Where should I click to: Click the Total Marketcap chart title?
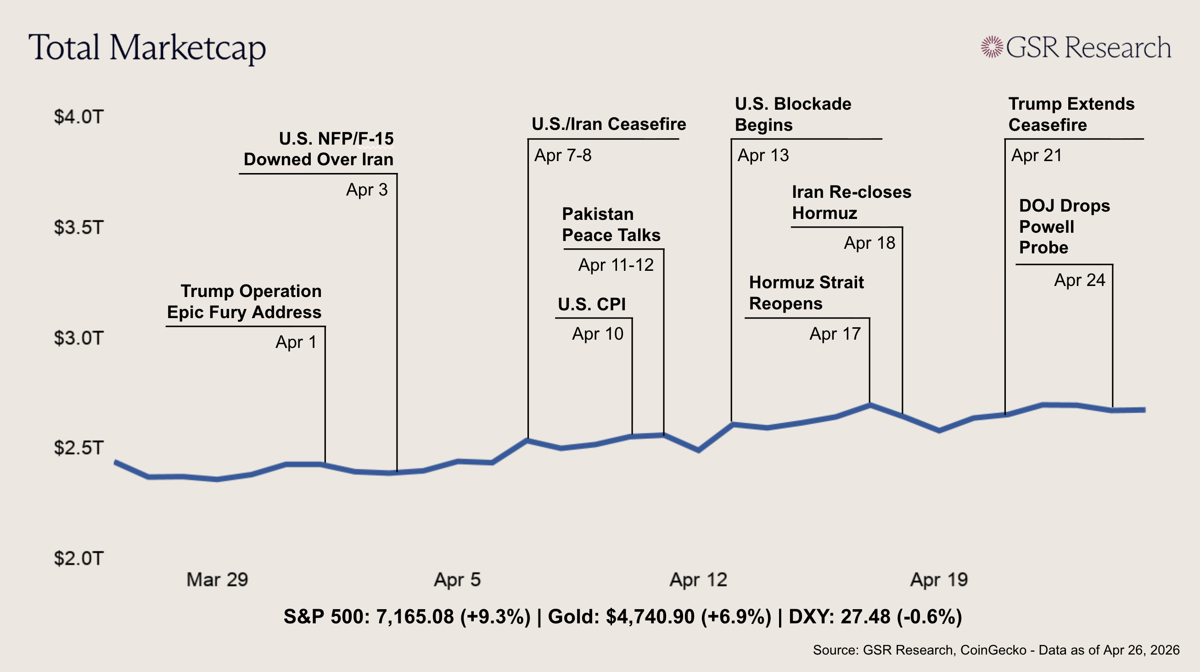point(147,48)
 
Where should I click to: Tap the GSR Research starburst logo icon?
point(992,47)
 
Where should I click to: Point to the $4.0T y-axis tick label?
point(78,117)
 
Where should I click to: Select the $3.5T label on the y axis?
point(78,228)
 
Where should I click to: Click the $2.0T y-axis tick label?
point(78,558)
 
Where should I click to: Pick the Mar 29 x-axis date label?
point(217,580)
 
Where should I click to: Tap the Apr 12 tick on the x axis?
point(698,580)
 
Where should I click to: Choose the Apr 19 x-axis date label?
point(939,580)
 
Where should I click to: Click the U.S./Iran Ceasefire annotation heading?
point(608,124)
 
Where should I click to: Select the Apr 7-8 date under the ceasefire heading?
point(563,156)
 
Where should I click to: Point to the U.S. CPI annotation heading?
point(592,305)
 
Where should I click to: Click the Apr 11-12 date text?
point(616,265)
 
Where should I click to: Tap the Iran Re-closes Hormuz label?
point(851,202)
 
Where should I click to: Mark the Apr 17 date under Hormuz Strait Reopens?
point(835,334)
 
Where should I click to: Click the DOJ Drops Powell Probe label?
point(1064,227)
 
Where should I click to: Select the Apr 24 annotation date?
point(1079,280)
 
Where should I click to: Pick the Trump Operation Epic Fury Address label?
point(245,302)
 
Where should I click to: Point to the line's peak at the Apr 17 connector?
point(869,405)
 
